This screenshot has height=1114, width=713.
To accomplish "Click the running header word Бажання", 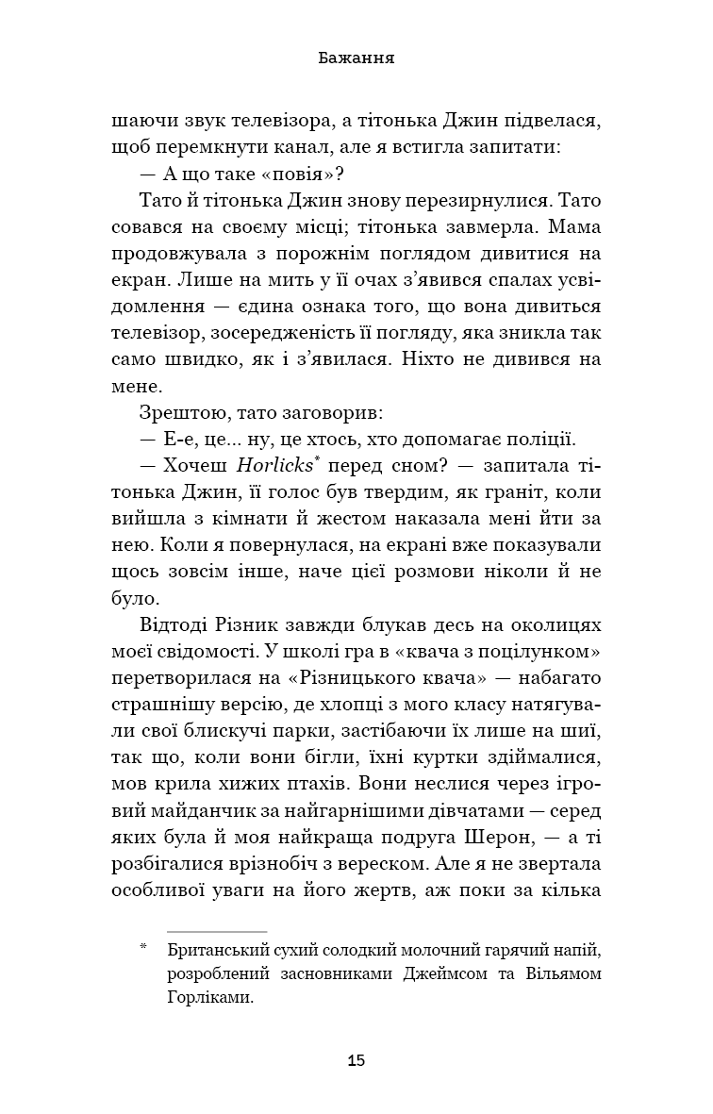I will pos(356,58).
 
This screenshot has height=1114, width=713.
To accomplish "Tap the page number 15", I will pos(356,1060).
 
